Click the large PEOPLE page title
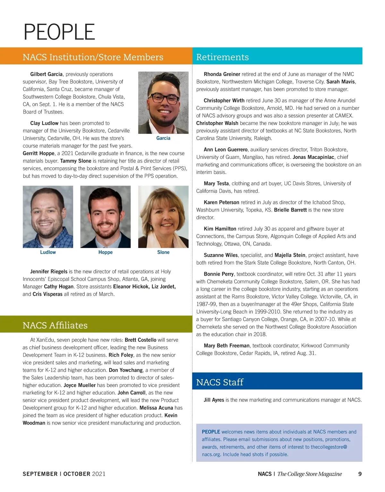tap(59, 32)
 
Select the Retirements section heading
tap(222, 57)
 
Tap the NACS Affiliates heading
tap(55, 325)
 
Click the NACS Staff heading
tap(220, 382)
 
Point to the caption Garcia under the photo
tap(163, 138)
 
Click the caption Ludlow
tap(48, 252)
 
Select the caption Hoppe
tap(106, 252)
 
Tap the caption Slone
tap(163, 252)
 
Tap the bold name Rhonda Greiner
tap(222, 74)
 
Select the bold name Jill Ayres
tap(214, 400)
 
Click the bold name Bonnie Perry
tap(219, 274)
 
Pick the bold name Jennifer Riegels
tap(49, 271)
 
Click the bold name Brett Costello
tap(141, 340)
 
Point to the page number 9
tap(360, 474)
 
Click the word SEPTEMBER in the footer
tap(40, 474)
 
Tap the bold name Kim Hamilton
tap(220, 229)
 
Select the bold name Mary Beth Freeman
tap(227, 346)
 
